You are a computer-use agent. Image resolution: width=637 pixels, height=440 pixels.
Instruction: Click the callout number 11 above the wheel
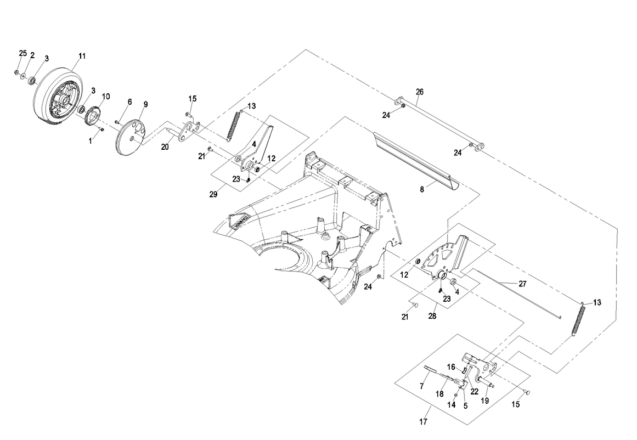[x=82, y=56]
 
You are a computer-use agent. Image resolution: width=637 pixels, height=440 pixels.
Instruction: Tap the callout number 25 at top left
[x=22, y=53]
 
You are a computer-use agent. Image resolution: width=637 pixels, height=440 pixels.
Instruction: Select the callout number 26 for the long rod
[x=420, y=92]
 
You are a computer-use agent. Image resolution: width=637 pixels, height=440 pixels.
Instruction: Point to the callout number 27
[x=522, y=284]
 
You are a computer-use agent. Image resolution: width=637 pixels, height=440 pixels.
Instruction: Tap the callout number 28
[x=432, y=317]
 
